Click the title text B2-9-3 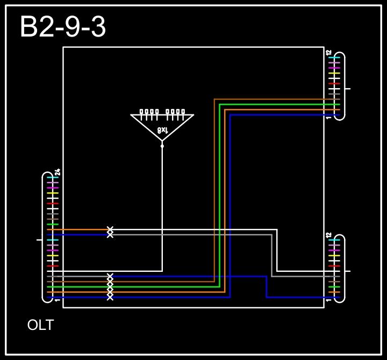pos(63,27)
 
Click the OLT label pos(40,325)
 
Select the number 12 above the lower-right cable pos(328,235)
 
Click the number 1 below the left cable pos(58,300)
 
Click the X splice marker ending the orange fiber pos(110,229)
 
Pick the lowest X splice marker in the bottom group pos(110,297)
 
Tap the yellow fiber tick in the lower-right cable pos(334,256)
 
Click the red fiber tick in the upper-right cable pos(334,84)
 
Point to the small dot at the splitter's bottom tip pos(162,146)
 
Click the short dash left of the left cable pos(39,240)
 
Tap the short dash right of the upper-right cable pos(347,89)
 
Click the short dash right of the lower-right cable pos(347,271)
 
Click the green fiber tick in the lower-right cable pos(334,287)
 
